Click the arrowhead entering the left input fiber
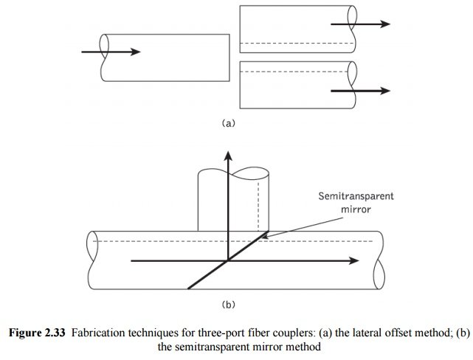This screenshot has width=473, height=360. tap(134, 52)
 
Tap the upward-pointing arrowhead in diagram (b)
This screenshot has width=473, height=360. tap(229, 156)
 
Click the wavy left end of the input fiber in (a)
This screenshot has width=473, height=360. tap(106, 52)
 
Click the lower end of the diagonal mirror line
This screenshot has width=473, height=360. tap(189, 287)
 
